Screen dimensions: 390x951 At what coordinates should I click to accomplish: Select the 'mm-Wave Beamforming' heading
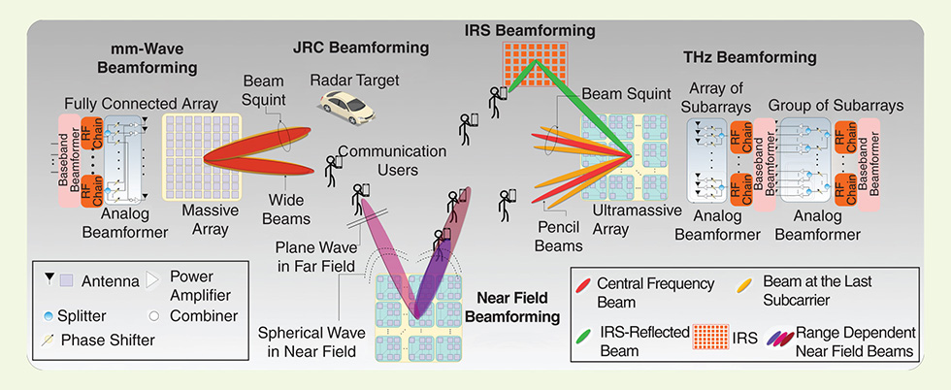coord(148,59)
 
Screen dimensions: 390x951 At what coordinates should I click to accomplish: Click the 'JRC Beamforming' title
coord(361,46)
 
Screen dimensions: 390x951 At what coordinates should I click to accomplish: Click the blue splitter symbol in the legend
coord(49,315)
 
